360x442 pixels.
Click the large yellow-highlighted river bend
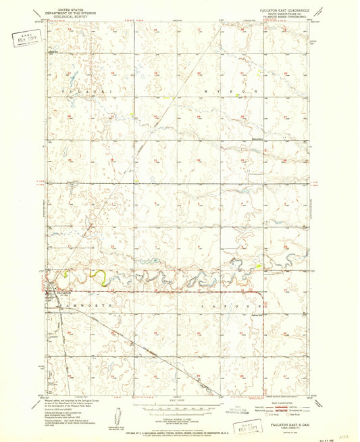(x=99, y=276)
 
